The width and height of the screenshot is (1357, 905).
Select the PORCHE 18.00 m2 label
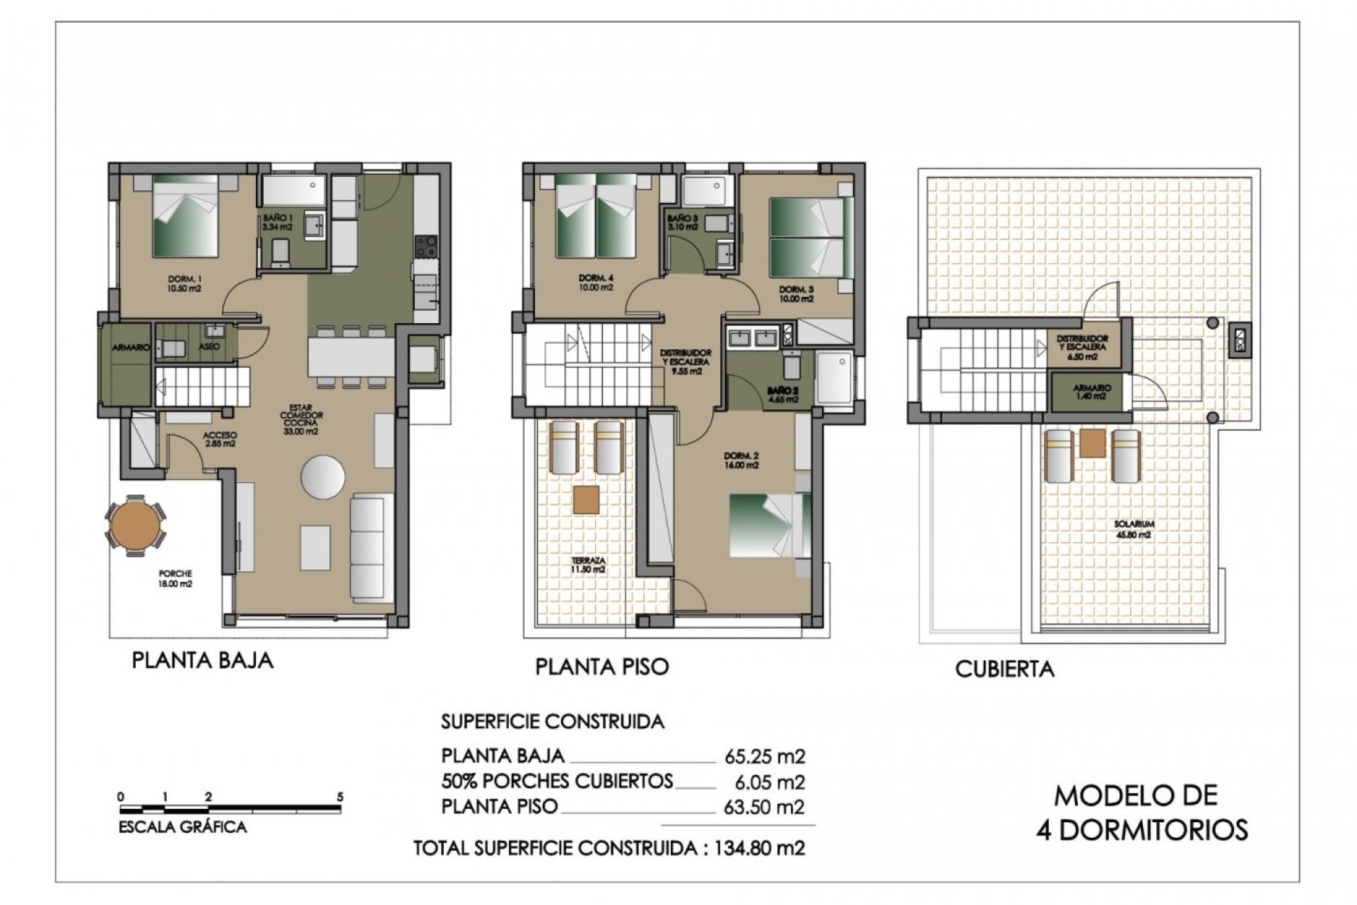(175, 578)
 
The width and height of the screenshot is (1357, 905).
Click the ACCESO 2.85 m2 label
(219, 439)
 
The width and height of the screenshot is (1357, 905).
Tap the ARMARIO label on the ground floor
(131, 347)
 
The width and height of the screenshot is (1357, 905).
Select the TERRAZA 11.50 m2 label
(589, 564)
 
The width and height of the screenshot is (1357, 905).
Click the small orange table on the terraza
(586, 499)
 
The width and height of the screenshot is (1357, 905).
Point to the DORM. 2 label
(740, 460)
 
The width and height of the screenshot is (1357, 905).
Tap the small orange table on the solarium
(1092, 443)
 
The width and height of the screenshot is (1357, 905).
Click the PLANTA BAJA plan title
(202, 660)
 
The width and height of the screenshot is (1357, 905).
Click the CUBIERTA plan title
(1004, 669)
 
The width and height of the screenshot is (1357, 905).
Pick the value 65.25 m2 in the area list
(765, 757)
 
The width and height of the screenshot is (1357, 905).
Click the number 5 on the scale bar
(340, 797)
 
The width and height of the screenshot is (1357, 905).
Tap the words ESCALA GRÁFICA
(182, 827)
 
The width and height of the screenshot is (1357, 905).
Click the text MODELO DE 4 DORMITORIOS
(1141, 812)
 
